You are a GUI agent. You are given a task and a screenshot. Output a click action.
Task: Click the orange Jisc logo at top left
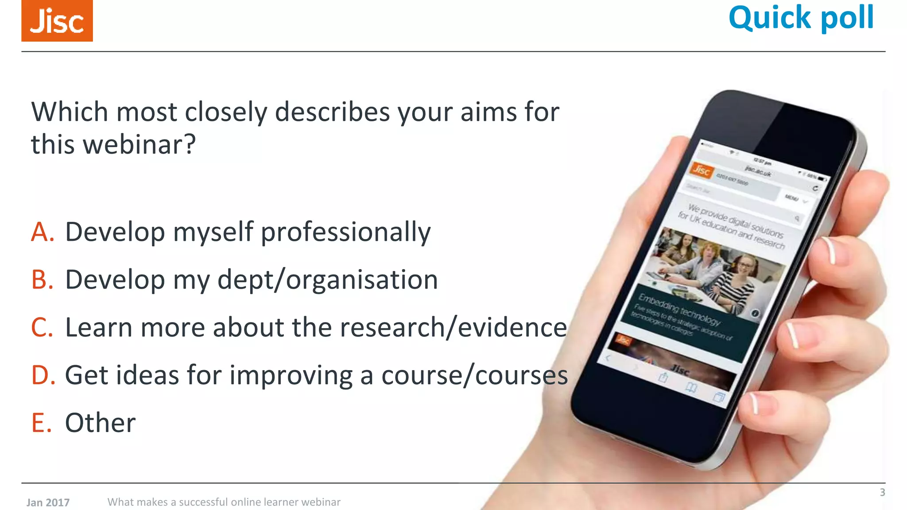(x=57, y=21)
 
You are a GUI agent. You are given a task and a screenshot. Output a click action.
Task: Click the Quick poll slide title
(x=801, y=18)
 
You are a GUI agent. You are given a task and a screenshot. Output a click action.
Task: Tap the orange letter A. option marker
(x=43, y=232)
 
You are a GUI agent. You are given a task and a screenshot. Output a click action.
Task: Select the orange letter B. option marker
(x=43, y=280)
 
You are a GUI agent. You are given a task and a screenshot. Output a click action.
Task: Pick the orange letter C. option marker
(x=42, y=328)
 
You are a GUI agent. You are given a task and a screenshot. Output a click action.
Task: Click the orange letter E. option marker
(x=41, y=423)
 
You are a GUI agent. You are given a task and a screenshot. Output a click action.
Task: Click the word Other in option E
(x=101, y=423)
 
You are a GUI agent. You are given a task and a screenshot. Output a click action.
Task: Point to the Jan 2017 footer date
(x=48, y=502)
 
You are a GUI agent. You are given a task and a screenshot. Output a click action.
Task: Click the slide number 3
(x=882, y=492)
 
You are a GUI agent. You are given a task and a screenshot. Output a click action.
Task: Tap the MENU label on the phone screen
(x=791, y=197)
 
